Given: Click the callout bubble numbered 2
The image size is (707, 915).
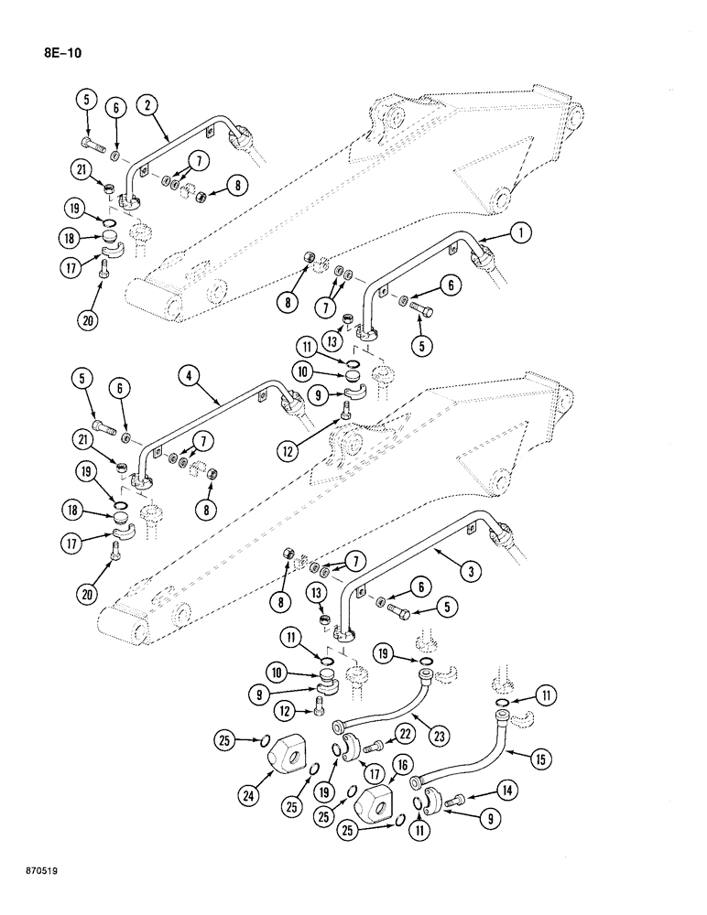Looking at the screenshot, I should [x=147, y=105].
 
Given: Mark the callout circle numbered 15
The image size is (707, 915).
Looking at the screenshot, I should [x=543, y=757].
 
